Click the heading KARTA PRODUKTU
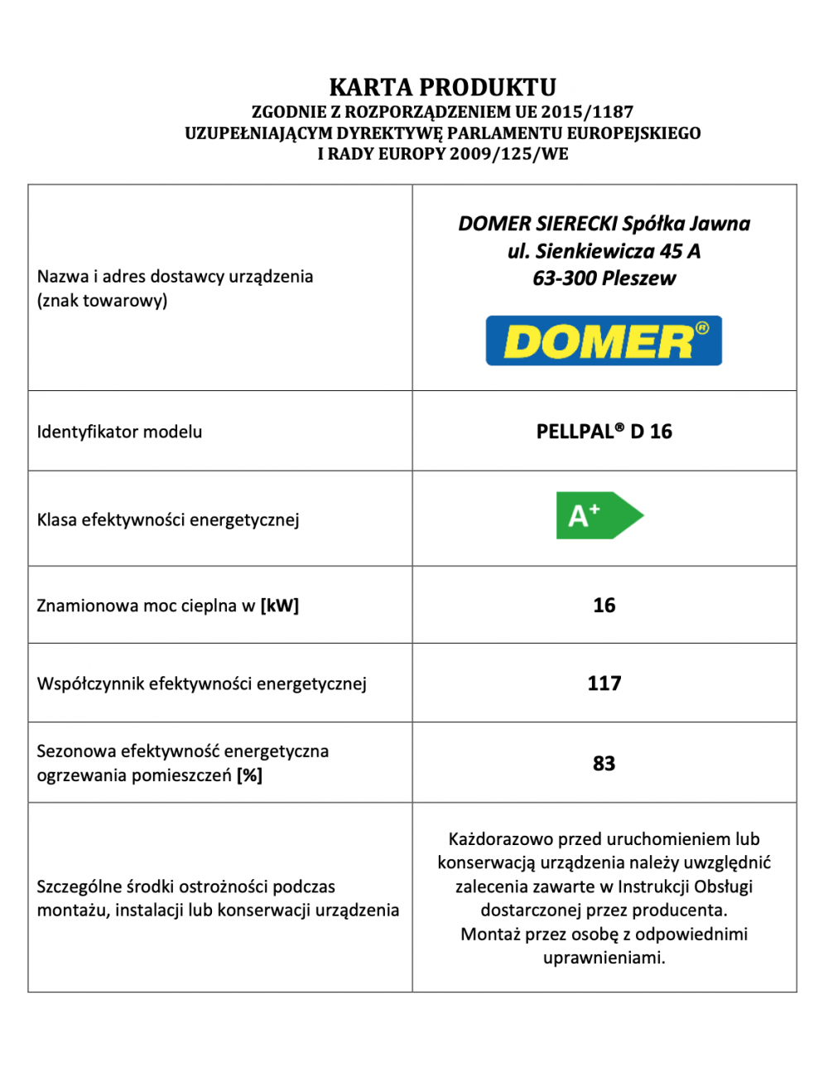tap(442, 87)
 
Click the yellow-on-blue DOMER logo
tap(604, 340)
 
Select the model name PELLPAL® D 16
tap(604, 432)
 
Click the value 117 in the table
tap(604, 683)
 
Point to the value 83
tap(604, 763)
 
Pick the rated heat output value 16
tap(604, 606)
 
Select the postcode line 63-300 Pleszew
tap(604, 278)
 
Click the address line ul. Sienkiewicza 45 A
tap(604, 251)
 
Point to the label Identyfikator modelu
tap(119, 432)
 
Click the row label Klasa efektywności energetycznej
tap(168, 520)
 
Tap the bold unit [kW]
tap(279, 606)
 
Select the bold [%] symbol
tap(249, 775)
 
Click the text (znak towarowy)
tap(102, 301)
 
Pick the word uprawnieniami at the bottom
tap(604, 959)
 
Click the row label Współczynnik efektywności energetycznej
tap(201, 684)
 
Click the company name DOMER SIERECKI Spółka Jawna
tap(604, 224)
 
